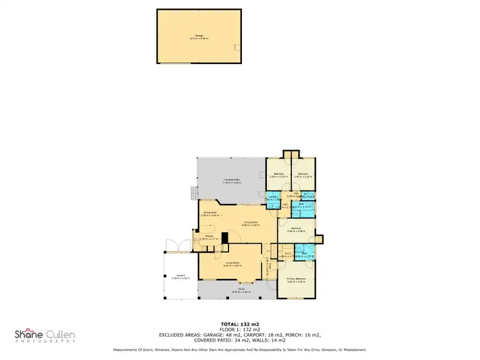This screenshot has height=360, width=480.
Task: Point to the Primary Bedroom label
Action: [296, 280]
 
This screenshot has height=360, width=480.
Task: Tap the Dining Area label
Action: [210, 214]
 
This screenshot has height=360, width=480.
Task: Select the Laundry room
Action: [273, 198]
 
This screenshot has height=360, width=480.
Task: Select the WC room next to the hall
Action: [308, 196]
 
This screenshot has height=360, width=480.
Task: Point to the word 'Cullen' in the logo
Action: [58, 334]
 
